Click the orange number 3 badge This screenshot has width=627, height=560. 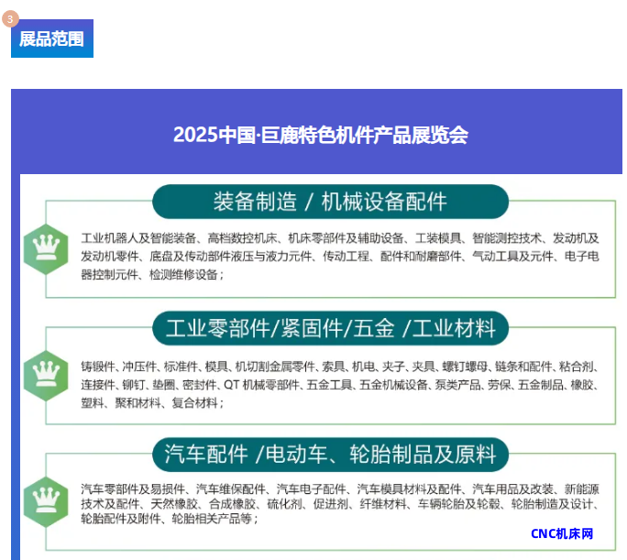(10, 18)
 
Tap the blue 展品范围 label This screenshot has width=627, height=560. (52, 38)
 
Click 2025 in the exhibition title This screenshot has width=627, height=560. (195, 135)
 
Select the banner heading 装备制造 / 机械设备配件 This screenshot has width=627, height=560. (330, 202)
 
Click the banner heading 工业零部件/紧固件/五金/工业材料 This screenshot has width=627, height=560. (331, 328)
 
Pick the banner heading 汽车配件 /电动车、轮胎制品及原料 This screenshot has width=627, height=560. (330, 455)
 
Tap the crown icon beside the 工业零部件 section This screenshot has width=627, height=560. (46, 376)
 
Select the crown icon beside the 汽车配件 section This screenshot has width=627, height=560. (46, 501)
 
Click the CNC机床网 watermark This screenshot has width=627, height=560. (562, 533)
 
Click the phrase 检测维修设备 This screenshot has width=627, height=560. (183, 275)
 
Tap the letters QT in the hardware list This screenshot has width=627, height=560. (232, 385)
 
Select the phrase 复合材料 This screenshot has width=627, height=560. (194, 402)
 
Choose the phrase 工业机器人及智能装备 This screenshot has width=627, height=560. (138, 238)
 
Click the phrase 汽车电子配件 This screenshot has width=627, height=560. (311, 489)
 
